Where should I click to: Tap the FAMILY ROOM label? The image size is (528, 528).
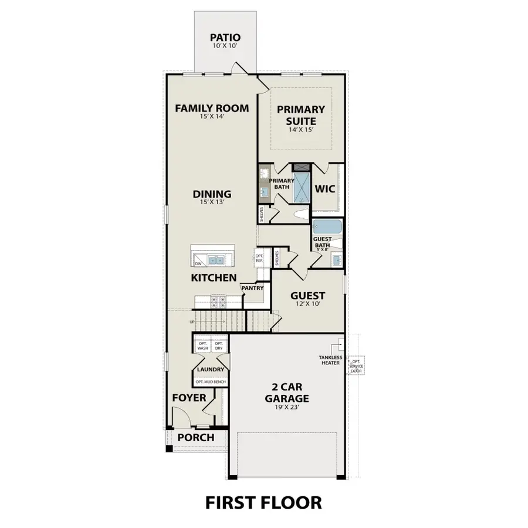point(212,109)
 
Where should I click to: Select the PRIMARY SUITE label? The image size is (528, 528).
point(301,115)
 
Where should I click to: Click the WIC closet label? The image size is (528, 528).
point(324,189)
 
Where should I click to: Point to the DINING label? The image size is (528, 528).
point(212,194)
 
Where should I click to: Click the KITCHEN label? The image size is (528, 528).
point(214,277)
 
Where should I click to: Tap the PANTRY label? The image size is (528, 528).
point(253,287)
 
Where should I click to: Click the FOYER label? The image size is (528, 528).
point(189,398)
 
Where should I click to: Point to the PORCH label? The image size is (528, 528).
point(195,438)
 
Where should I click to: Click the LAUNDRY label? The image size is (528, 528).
point(211,369)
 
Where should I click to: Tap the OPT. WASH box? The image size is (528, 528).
point(203,346)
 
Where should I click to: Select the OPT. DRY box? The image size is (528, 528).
point(218,346)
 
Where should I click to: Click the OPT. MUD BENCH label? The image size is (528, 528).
point(211,382)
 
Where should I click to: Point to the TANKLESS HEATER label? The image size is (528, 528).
point(330,360)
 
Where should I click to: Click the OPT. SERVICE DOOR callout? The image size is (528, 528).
point(356,366)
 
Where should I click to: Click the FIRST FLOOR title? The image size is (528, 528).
point(263,502)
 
